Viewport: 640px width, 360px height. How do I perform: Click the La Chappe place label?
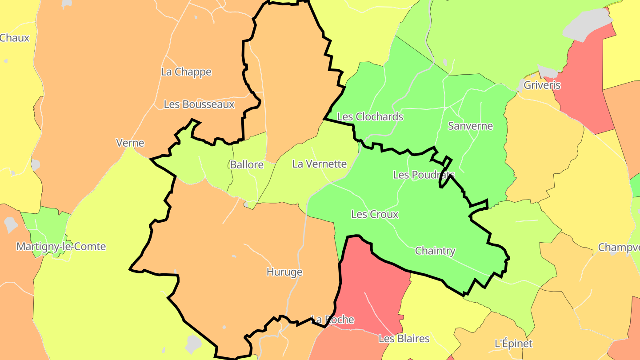tap(186, 72)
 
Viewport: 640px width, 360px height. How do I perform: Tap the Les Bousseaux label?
tap(199, 104)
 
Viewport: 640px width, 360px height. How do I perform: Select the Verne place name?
tap(130, 143)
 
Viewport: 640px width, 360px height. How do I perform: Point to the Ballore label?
tap(247, 165)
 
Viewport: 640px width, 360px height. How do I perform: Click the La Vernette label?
tap(319, 164)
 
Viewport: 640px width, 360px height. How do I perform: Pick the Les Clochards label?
tap(370, 117)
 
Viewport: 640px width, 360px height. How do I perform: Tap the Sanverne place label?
tap(470, 126)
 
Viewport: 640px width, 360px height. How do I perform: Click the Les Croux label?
tap(375, 215)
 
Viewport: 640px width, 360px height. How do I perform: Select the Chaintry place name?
tap(435, 251)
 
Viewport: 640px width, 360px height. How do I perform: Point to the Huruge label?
tap(284, 272)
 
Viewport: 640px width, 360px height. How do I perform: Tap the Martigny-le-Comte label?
tap(61, 247)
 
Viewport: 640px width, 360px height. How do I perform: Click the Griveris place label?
tap(542, 85)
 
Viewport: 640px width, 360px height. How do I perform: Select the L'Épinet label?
tap(513, 344)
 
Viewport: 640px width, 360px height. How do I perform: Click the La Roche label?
tap(333, 320)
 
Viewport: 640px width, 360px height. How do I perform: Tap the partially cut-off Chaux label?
tap(14, 38)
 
